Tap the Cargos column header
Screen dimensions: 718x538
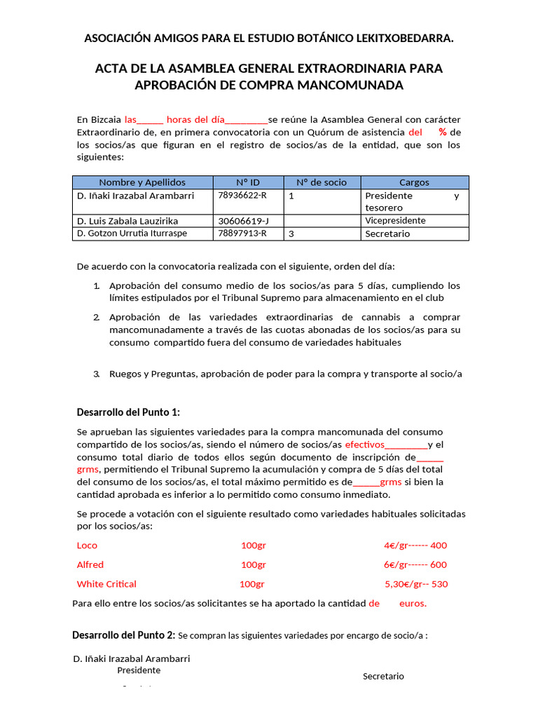414,182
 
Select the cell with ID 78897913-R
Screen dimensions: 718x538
242,233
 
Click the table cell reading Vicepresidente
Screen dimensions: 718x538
395,221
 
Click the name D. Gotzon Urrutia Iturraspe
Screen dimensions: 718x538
132,233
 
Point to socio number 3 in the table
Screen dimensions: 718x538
291,233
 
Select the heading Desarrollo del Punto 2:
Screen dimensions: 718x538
124,635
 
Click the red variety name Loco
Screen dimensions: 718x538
87,546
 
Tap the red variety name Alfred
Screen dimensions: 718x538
90,564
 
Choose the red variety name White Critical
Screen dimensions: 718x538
106,584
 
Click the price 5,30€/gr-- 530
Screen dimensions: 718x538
416,584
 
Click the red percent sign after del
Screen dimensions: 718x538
442,133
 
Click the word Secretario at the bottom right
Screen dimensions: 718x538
383,677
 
